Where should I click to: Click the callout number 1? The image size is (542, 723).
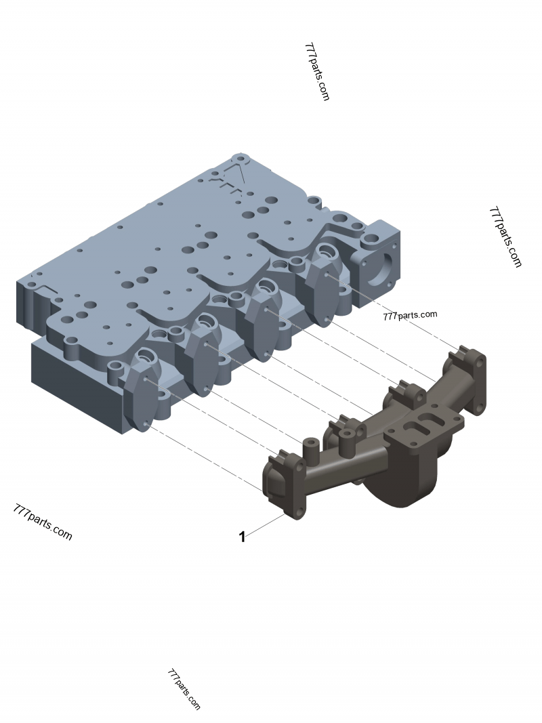[x=242, y=537]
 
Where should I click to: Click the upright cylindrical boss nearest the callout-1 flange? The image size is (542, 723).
[x=310, y=447]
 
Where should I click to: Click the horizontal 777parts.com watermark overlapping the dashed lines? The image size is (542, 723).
[x=410, y=315]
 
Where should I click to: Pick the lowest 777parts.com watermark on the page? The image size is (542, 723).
[x=184, y=689]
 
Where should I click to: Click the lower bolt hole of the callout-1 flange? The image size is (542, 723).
[x=296, y=512]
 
